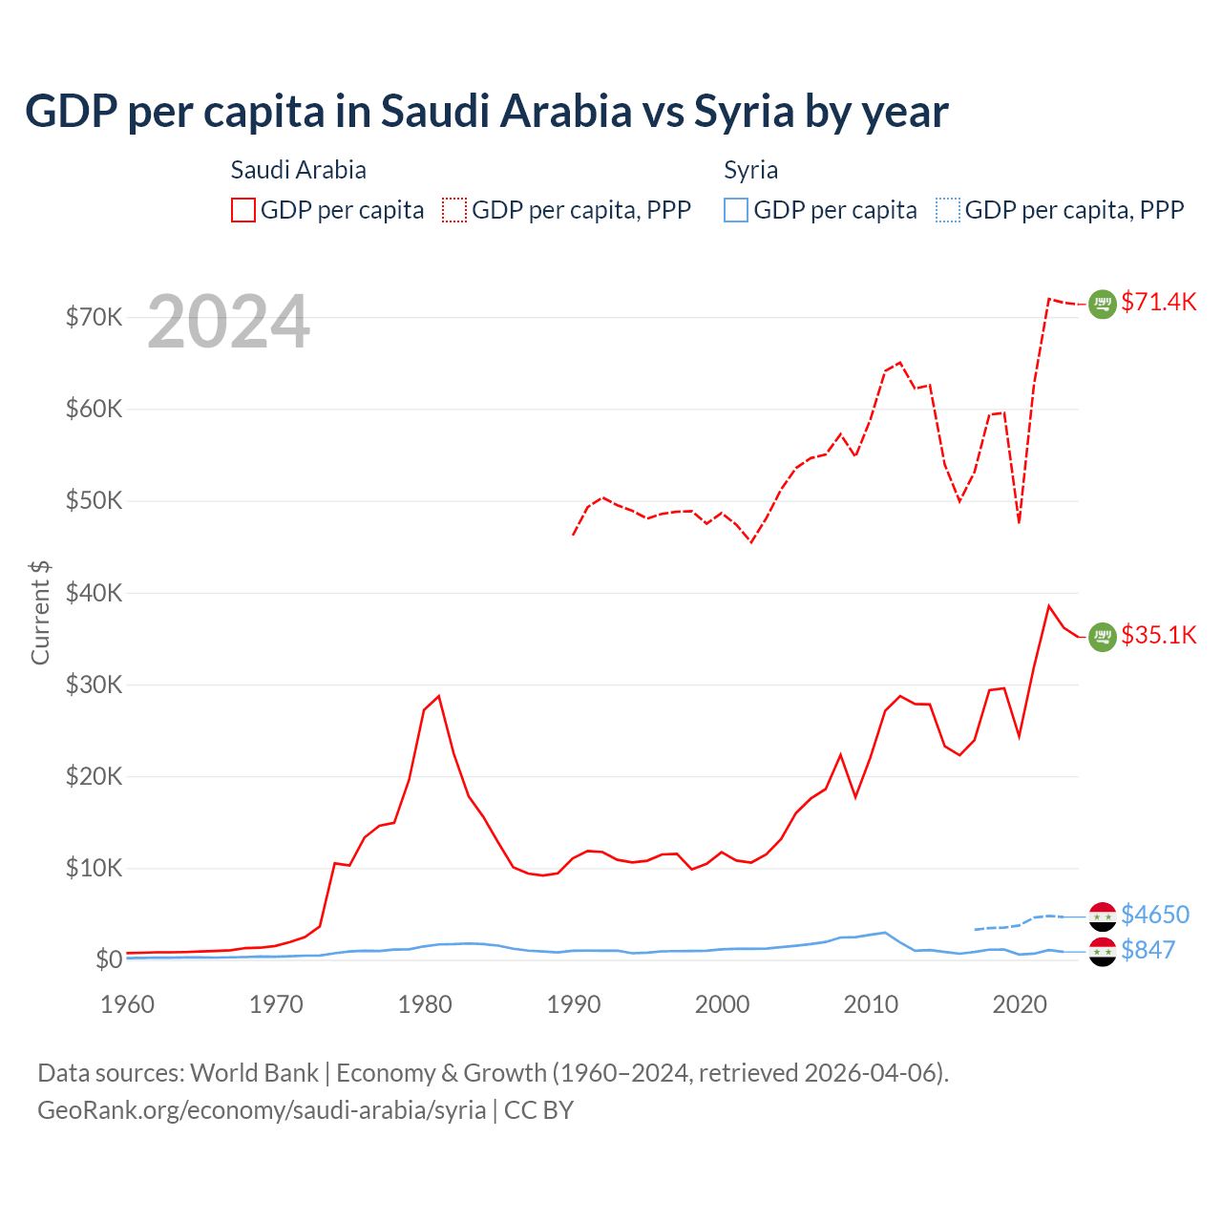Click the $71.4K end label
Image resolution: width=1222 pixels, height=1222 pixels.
1158,303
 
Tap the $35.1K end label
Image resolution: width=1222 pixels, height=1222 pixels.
1158,636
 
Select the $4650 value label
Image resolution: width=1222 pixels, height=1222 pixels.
1155,915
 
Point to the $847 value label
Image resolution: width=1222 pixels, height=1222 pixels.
1148,950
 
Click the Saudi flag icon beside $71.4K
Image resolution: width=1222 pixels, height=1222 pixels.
1103,304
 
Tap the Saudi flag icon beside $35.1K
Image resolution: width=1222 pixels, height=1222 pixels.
1103,637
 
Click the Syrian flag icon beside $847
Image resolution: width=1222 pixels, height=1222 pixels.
1103,951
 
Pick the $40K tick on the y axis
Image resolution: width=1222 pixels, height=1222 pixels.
94,593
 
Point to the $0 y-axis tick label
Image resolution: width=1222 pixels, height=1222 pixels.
109,959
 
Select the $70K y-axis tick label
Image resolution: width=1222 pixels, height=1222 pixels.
94,317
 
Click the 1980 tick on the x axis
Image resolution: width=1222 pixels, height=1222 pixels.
425,1004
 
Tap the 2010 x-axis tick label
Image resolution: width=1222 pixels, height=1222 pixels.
871,1004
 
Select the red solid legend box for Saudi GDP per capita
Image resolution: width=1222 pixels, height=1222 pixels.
243,210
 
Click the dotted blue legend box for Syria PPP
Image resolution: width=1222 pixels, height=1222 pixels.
948,210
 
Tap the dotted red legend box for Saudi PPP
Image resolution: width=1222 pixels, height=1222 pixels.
454,210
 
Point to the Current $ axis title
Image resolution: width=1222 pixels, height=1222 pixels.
40,612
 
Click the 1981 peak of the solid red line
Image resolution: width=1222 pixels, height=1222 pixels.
439,696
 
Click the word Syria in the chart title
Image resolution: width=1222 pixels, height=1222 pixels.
744,112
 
